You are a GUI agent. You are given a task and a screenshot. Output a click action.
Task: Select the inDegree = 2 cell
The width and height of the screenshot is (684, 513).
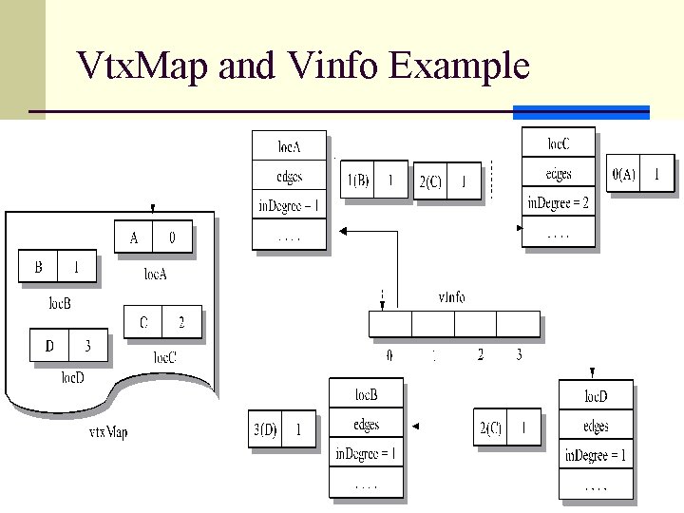click(x=559, y=202)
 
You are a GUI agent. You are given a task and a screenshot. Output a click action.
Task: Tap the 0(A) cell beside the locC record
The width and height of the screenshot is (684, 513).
click(x=624, y=174)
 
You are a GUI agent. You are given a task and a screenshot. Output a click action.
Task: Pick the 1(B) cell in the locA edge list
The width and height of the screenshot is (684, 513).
click(x=358, y=180)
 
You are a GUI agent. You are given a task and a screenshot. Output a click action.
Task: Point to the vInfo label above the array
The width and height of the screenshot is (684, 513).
click(x=451, y=297)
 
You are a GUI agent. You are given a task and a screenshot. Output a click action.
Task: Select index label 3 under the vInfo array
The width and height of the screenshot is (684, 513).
click(x=518, y=355)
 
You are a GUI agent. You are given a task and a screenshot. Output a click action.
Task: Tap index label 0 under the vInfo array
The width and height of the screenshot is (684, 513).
click(x=389, y=355)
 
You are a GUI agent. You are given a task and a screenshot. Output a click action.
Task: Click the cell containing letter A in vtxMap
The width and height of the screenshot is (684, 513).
click(x=134, y=237)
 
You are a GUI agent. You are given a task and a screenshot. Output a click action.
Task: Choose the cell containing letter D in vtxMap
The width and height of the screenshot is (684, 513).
click(x=49, y=346)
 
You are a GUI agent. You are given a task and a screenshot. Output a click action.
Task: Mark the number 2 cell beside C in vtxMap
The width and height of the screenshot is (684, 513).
click(x=181, y=323)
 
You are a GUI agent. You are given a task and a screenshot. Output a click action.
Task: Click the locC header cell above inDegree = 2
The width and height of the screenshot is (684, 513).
click(x=559, y=143)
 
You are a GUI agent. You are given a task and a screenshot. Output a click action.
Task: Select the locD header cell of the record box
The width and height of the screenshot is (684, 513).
click(x=596, y=396)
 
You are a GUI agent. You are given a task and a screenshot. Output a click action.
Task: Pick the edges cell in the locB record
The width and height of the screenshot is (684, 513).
click(x=366, y=425)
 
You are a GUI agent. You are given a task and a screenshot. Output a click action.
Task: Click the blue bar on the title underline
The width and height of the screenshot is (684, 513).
click(x=580, y=112)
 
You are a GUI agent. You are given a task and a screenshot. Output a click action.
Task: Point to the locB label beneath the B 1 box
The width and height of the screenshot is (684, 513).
click(x=59, y=304)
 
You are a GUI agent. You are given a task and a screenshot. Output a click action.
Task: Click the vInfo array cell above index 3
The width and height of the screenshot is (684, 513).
click(x=518, y=324)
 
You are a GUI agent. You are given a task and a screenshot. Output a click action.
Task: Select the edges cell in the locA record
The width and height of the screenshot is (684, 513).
click(x=289, y=176)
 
